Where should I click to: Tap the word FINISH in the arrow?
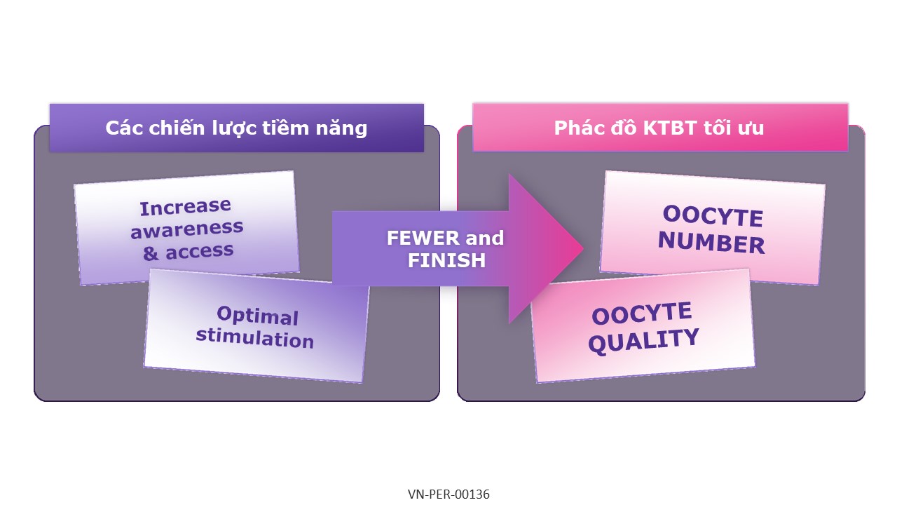pos(446,261)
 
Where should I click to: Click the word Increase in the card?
pos(185,208)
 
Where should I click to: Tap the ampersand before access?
pos(151,254)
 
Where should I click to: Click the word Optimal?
pos(257,316)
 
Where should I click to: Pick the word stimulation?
pos(254,338)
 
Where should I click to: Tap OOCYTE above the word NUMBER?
pos(712,216)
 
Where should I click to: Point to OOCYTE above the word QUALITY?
pos(641,314)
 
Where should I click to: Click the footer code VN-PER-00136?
pos(448,494)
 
